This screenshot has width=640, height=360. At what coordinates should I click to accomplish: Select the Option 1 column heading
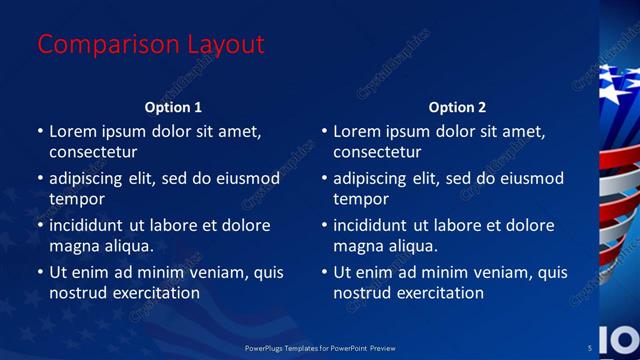(173, 107)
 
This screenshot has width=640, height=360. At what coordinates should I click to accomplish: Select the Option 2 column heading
(457, 107)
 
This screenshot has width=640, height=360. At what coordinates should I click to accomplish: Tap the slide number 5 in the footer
(589, 347)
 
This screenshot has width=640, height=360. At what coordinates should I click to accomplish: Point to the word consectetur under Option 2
(377, 153)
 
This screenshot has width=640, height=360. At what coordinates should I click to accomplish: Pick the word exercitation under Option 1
(156, 293)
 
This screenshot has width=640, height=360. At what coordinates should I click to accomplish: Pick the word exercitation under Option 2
(440, 293)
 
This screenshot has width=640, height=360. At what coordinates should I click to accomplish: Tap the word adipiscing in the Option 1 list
(90, 178)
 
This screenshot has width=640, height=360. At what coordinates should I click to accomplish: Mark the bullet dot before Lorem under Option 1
(40, 131)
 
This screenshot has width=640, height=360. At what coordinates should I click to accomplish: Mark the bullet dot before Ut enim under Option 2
(324, 272)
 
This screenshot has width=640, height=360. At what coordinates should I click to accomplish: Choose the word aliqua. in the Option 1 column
(127, 246)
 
